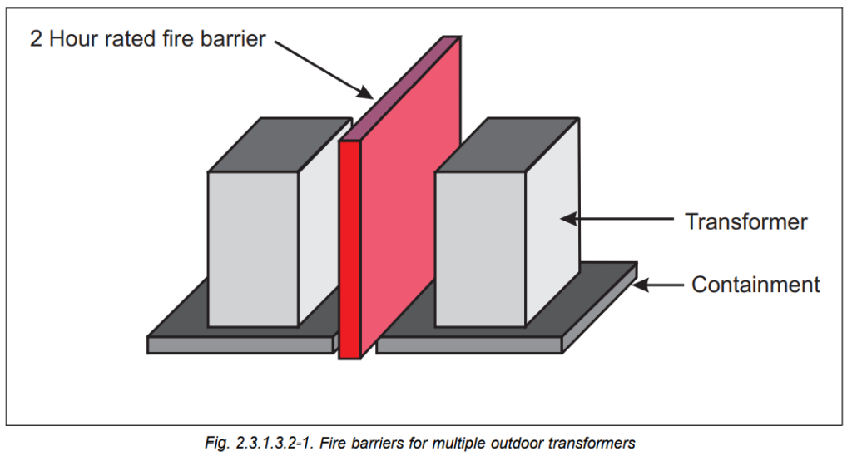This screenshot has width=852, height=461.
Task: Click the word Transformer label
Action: [745, 221]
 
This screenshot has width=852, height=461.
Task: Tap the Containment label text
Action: [755, 285]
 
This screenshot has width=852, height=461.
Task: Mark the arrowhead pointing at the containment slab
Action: [640, 285]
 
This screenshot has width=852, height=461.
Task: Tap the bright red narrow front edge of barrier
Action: [349, 250]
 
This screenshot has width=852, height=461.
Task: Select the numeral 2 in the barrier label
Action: [37, 38]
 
